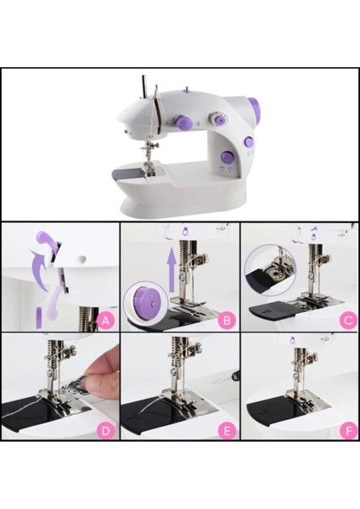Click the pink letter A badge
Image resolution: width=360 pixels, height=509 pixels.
106,321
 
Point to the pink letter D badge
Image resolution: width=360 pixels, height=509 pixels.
106,430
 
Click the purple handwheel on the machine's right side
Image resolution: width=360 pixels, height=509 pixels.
252,109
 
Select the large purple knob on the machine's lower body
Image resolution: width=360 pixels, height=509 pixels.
249,143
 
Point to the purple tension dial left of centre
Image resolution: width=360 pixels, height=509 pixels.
183,124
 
